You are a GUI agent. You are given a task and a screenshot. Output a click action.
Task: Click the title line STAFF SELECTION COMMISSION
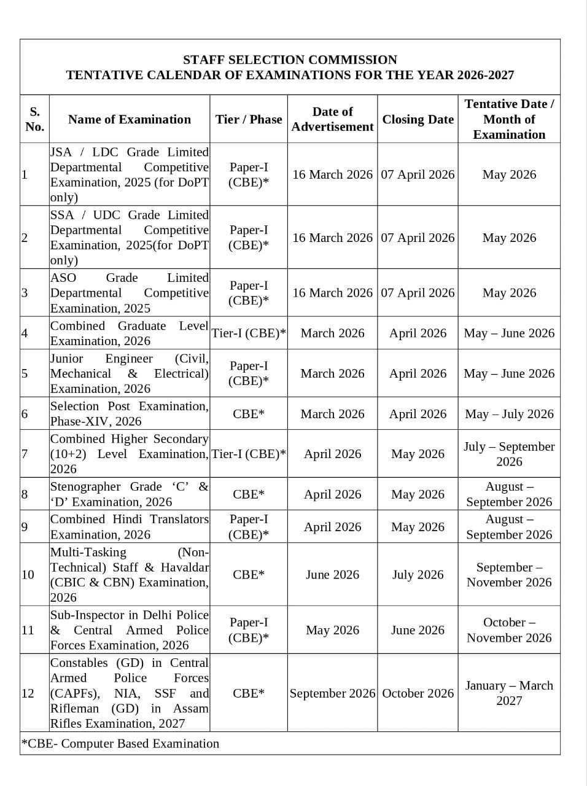(290, 60)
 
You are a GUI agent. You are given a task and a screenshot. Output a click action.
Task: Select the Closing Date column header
(418, 119)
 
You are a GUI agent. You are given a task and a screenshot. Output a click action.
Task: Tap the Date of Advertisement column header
(332, 119)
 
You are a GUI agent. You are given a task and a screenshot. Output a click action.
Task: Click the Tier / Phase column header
(249, 119)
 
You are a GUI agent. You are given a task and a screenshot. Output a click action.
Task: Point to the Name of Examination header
(130, 119)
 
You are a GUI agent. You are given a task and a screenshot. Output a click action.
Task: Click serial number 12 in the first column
(28, 693)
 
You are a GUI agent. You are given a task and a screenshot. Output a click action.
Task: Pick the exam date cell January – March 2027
(509, 693)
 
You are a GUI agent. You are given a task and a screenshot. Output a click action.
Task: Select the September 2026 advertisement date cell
(332, 693)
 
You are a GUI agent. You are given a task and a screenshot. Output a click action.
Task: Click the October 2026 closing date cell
(418, 693)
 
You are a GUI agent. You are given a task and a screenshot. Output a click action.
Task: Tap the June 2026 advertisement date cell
(332, 575)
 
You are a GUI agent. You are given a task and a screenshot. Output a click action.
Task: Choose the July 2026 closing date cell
(418, 575)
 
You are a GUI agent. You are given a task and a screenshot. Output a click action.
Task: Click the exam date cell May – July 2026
(509, 414)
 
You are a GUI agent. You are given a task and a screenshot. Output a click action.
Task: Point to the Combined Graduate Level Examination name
(129, 333)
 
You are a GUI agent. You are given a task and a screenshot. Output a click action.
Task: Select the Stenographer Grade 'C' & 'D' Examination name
(129, 494)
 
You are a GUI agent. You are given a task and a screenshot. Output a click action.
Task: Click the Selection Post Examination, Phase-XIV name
(129, 414)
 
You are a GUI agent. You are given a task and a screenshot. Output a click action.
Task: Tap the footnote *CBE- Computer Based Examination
(120, 744)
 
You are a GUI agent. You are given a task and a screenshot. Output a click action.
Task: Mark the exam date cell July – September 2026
(509, 454)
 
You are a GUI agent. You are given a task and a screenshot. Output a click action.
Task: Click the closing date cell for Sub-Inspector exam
(418, 630)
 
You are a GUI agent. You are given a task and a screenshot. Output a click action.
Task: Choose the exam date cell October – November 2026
(509, 630)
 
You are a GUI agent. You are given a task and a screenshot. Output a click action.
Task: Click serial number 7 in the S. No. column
(25, 454)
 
